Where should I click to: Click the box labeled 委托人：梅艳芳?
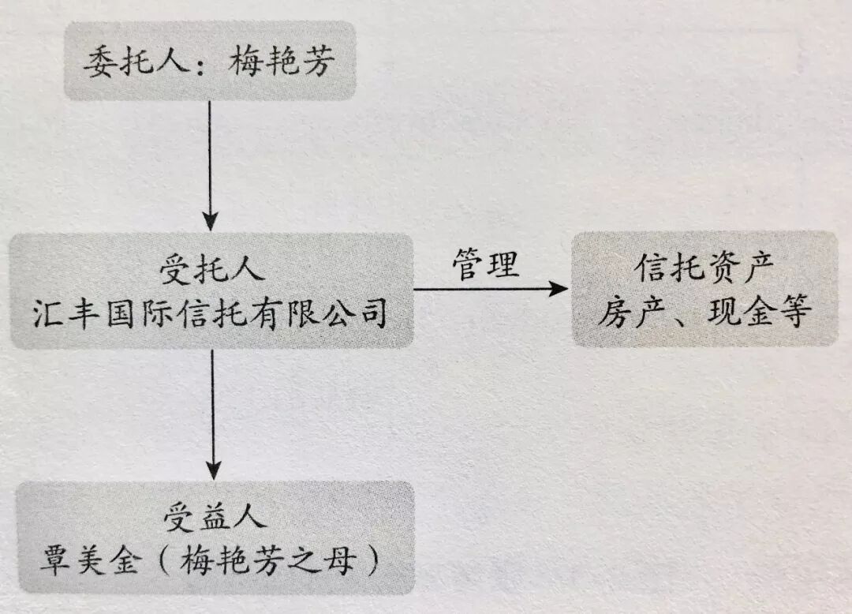209,62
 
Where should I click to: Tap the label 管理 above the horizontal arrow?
485,264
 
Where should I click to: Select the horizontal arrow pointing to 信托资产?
489,289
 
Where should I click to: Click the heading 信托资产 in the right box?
704,271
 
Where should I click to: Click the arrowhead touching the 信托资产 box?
559,289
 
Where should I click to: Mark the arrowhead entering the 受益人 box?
211,469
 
